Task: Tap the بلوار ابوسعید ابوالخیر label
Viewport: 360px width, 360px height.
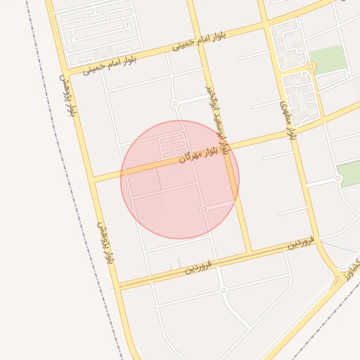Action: click(x=217, y=120)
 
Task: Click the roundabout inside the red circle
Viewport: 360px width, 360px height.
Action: click(x=204, y=209)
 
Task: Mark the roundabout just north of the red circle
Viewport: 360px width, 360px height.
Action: click(x=174, y=104)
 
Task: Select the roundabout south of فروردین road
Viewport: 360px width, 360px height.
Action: click(x=223, y=290)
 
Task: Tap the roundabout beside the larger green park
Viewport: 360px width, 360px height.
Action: click(x=311, y=67)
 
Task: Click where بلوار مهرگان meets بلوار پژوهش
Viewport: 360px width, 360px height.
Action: click(x=94, y=179)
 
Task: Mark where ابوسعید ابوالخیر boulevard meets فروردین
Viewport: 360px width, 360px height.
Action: click(x=248, y=251)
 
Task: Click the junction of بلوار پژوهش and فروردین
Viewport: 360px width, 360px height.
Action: click(x=117, y=285)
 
